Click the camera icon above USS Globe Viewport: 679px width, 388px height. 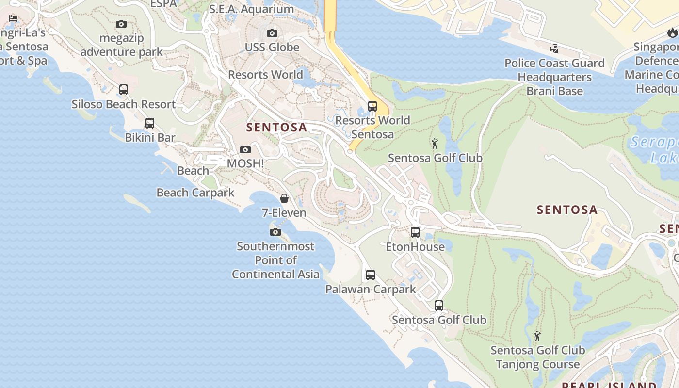272,33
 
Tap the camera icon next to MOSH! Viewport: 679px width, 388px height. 245,149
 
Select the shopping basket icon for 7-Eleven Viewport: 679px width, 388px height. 284,198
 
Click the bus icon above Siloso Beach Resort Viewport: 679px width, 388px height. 124,89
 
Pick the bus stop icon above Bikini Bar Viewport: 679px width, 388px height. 150,123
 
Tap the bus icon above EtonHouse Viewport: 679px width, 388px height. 415,232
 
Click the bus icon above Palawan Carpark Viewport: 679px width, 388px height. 371,275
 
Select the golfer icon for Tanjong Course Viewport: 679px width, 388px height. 537,336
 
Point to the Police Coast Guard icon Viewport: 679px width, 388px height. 554,48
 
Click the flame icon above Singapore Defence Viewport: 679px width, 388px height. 672,32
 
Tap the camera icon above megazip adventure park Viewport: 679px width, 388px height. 121,24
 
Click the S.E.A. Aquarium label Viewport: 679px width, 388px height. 251,9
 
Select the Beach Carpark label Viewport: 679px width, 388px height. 195,193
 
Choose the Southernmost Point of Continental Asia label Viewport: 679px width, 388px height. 275,260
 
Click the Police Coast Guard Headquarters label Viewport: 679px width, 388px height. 554,77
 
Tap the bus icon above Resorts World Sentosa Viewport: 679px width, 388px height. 372,106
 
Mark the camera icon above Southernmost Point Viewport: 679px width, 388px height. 275,232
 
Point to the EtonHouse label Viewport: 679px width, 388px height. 415,247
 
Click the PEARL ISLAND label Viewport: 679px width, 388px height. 609,385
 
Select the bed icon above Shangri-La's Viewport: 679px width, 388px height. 13,18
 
